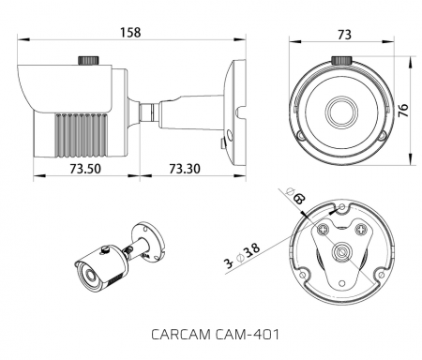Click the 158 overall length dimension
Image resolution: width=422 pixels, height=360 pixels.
131,33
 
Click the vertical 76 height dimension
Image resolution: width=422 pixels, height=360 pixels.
403,110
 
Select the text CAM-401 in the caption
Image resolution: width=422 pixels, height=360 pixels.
249,334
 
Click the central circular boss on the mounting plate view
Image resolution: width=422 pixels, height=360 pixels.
342,253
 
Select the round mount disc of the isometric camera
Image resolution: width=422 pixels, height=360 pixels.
147,235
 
